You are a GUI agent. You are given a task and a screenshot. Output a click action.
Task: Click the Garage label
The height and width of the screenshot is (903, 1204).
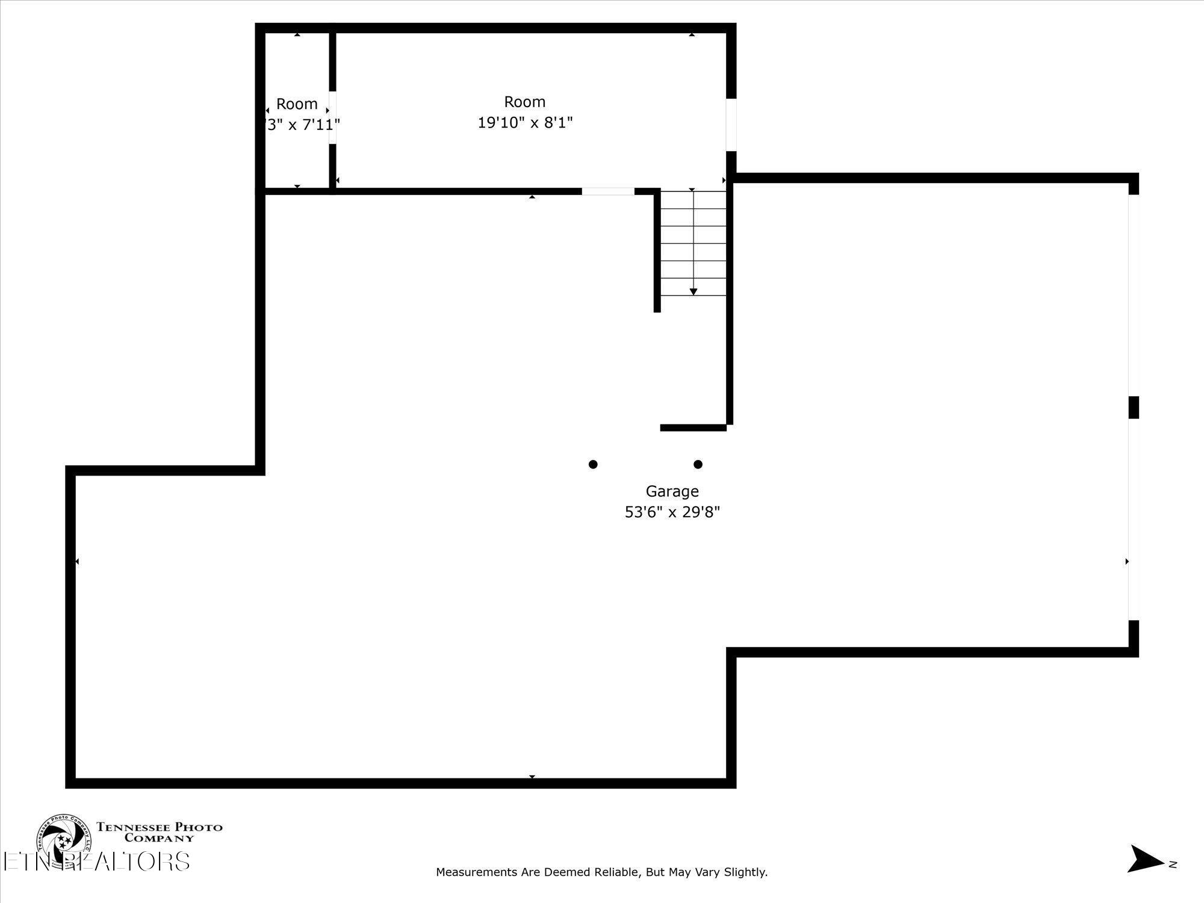(672, 491)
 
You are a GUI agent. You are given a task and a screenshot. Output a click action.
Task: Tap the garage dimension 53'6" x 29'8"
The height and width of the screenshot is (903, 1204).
(672, 512)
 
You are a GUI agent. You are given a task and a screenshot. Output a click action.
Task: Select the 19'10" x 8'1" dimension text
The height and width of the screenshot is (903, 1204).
(525, 123)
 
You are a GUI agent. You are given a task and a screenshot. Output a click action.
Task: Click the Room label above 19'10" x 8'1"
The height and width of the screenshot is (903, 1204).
(525, 102)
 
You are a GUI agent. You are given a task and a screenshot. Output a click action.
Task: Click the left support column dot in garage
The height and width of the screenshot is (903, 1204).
(593, 464)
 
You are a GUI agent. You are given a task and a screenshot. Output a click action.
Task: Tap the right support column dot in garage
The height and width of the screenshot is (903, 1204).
(698, 464)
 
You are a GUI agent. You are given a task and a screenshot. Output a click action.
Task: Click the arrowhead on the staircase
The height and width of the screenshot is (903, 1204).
(694, 292)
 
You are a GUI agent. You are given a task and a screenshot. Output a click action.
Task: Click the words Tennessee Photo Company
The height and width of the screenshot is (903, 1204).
(160, 832)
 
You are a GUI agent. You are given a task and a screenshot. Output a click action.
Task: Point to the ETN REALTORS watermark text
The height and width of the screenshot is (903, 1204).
(96, 861)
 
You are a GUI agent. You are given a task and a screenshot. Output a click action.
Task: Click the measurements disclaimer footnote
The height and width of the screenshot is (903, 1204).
(601, 872)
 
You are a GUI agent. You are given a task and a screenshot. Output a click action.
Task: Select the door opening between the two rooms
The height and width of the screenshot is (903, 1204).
(332, 117)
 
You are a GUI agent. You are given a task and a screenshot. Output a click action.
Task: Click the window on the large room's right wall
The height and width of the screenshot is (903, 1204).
(731, 125)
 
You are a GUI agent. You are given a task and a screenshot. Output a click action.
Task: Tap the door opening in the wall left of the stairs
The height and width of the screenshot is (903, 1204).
(608, 191)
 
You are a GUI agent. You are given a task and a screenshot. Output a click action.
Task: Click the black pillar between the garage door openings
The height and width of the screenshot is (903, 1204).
(1134, 408)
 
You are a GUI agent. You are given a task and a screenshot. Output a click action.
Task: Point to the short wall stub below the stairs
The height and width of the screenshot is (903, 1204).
(694, 428)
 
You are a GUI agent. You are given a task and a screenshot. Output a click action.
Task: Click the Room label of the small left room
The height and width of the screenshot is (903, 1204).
(297, 104)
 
